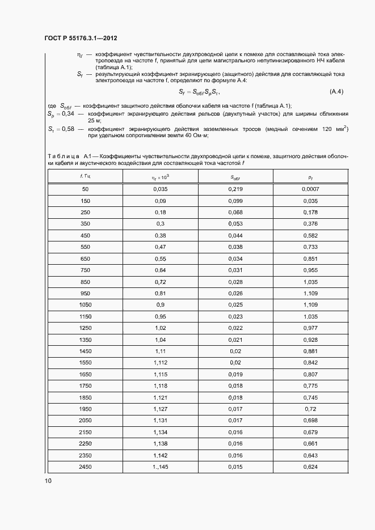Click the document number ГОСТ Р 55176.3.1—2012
81,39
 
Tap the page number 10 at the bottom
48,481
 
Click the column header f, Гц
85,177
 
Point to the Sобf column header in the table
235,177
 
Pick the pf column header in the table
310,177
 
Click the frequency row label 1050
85,305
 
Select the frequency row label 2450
85,467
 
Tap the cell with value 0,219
235,188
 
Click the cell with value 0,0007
310,188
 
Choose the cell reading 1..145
160,467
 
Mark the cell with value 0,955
310,270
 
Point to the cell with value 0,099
235,201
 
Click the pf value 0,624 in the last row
310,467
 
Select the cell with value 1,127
160,409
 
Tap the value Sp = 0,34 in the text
60,115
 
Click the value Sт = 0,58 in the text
60,129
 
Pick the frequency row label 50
85,188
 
